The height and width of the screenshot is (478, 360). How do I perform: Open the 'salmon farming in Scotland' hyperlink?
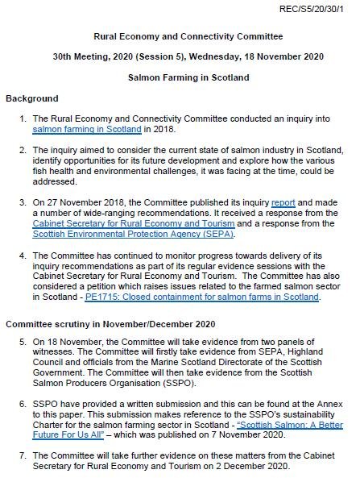[87, 129]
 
